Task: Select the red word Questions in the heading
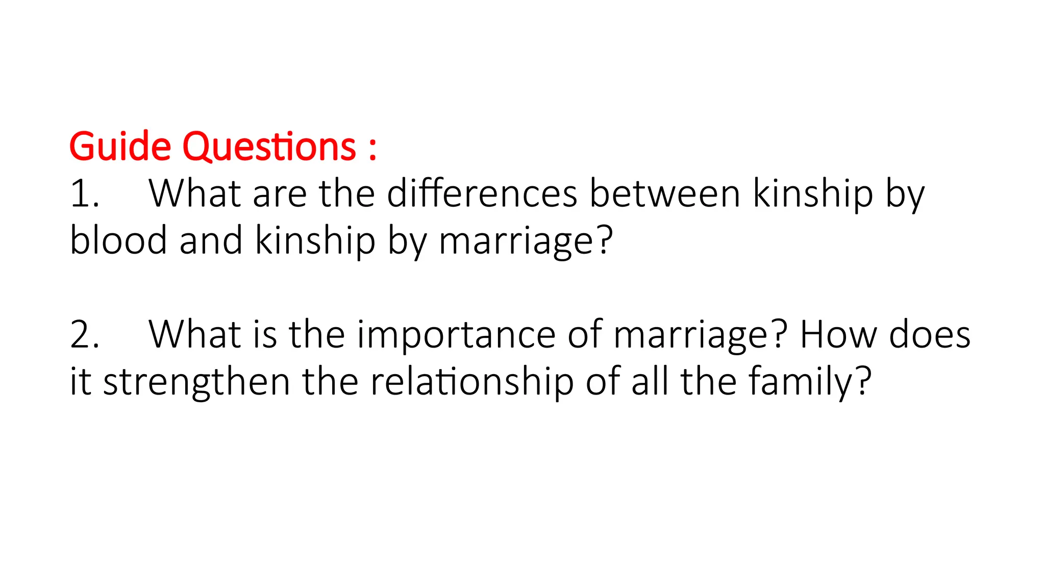269,147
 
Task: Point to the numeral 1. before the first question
85,194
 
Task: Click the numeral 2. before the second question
85,335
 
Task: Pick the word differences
482,194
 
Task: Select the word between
665,194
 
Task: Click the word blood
118,240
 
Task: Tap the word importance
456,335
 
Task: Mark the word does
930,335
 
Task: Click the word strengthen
196,382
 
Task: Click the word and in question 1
211,240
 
